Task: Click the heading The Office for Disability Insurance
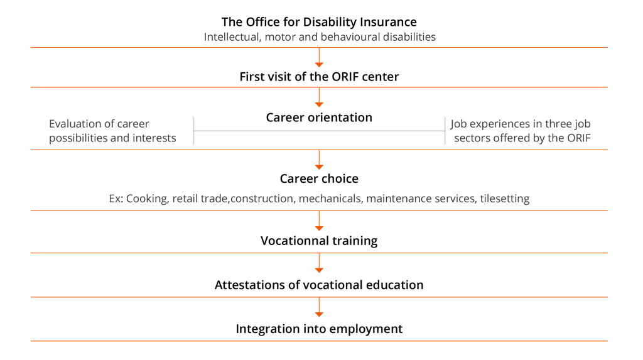(x=319, y=22)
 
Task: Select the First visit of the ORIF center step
(x=319, y=77)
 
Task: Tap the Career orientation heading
(x=319, y=117)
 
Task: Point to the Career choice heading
(x=319, y=178)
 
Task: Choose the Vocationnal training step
(x=319, y=241)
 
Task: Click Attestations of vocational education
(x=319, y=285)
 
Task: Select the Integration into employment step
(x=319, y=329)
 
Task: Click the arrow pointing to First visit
(x=319, y=57)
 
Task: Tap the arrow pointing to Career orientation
(x=319, y=97)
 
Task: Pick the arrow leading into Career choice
(x=319, y=160)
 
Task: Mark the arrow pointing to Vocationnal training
(x=319, y=221)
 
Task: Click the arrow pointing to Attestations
(x=319, y=263)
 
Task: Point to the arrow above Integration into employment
(x=319, y=307)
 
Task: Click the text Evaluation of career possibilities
(x=112, y=131)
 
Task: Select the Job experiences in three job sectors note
(x=521, y=131)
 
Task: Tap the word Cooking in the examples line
(x=147, y=199)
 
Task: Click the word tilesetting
(x=505, y=199)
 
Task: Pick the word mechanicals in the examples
(x=330, y=199)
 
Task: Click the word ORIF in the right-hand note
(x=579, y=138)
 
